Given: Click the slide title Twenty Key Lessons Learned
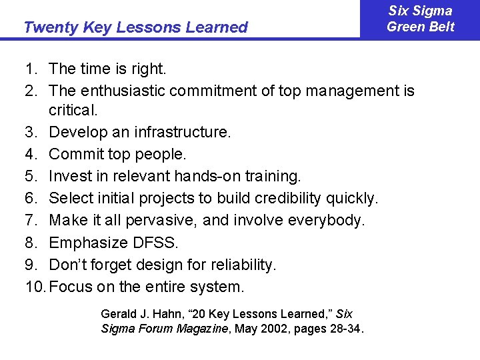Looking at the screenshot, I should click(x=135, y=27).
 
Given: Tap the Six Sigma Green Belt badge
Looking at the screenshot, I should click(x=420, y=19).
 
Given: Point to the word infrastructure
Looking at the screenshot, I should click(x=182, y=133).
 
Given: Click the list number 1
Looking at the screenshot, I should click(x=30, y=68).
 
